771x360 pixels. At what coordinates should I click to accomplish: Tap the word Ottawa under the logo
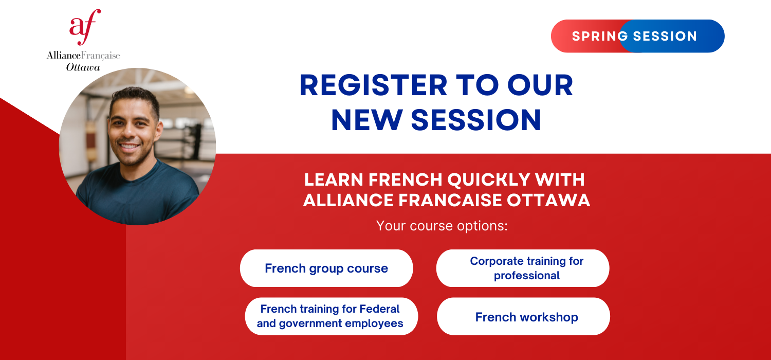point(83,67)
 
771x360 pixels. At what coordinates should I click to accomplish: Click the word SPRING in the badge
point(600,36)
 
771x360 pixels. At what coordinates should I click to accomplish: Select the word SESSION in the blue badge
point(665,36)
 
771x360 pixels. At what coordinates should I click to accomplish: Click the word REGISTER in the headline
point(374,85)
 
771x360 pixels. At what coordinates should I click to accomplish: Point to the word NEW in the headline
point(366,120)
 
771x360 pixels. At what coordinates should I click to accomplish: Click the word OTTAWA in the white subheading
point(548,200)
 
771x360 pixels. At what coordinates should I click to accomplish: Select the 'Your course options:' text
point(442,226)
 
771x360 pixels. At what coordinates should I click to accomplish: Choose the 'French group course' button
point(326,268)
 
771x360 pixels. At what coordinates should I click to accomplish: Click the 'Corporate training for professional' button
point(523,268)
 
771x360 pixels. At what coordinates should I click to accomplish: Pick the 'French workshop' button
point(523,316)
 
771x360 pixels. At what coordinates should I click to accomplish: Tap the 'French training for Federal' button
point(332,316)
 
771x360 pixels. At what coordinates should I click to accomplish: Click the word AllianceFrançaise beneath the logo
point(83,56)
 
